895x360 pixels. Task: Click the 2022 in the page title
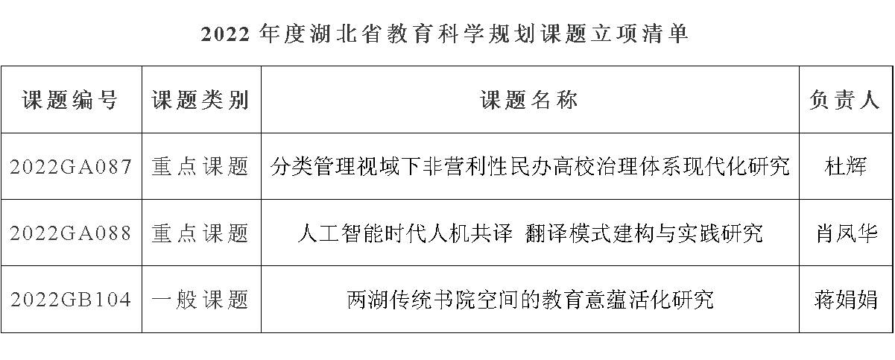tap(224, 34)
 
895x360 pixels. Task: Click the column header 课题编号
tap(71, 101)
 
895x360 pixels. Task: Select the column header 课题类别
tap(201, 101)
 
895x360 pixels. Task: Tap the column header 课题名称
tap(530, 101)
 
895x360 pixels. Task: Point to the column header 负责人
tap(845, 101)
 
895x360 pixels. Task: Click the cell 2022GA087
tap(71, 167)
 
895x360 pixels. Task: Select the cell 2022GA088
tap(71, 233)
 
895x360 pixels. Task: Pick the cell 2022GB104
tap(71, 300)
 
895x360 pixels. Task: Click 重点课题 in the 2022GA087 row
tap(201, 167)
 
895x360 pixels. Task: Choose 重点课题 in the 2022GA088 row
tap(201, 233)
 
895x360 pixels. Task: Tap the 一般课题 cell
tap(201, 300)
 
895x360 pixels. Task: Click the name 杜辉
tap(845, 167)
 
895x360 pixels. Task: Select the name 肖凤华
tap(845, 233)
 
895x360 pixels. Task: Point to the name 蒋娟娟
tap(845, 300)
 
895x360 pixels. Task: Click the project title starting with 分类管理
tap(530, 167)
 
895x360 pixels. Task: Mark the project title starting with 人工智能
tap(530, 233)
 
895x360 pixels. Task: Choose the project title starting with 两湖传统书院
tap(530, 300)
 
